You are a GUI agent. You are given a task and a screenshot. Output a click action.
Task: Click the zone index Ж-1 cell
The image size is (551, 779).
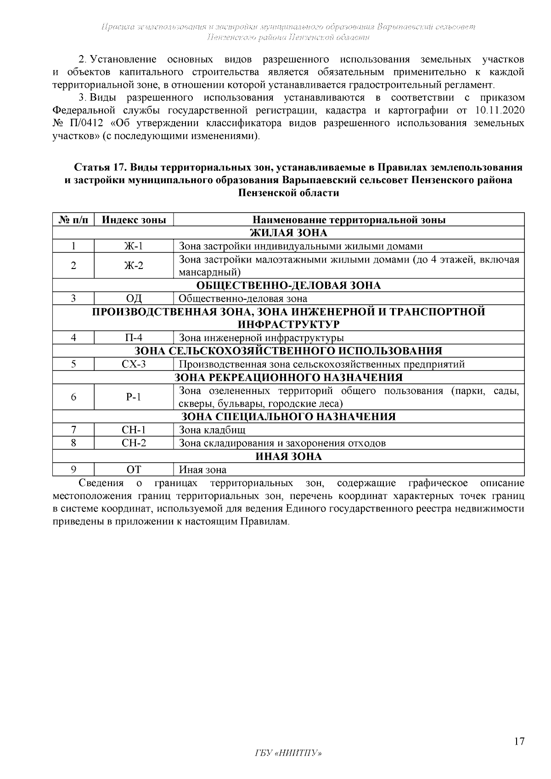point(134,246)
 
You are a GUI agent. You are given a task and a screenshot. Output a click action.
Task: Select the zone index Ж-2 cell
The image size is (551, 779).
point(134,265)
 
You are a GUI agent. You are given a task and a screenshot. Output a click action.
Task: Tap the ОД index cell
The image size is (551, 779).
point(134,298)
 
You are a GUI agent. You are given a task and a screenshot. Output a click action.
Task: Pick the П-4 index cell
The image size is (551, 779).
point(134,338)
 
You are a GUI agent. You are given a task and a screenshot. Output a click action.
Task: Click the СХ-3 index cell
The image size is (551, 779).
point(134,364)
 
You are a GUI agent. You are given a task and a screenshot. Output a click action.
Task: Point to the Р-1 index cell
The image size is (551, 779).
point(134,397)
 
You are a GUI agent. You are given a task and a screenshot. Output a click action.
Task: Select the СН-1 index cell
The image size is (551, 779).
point(134,430)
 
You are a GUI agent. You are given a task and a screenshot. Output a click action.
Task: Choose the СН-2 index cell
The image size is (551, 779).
point(134,443)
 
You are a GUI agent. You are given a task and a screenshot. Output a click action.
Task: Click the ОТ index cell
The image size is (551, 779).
point(134,470)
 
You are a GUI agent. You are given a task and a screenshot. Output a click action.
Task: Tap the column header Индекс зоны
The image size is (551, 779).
point(134,219)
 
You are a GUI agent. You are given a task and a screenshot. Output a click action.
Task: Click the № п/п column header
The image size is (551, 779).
point(73,219)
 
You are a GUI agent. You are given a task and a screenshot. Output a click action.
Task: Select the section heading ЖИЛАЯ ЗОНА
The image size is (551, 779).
point(288,233)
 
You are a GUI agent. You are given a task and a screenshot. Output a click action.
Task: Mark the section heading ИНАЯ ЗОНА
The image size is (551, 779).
point(288,456)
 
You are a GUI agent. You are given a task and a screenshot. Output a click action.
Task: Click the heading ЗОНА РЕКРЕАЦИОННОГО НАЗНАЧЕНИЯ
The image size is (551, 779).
point(288,377)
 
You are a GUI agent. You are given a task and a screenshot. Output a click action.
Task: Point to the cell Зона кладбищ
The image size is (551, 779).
point(212,430)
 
